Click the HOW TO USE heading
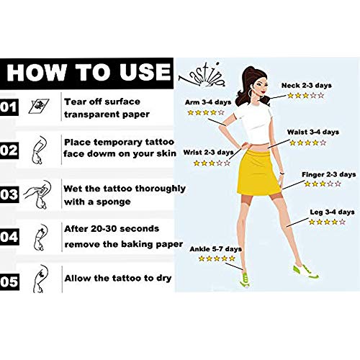89,72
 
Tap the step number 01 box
9,107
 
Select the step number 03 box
9,194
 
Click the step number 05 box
9,282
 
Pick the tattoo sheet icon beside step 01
39,106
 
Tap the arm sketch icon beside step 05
40,279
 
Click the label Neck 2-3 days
307,86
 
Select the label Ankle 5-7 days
215,249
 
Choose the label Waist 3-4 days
313,132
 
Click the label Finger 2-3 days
328,174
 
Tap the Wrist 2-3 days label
208,153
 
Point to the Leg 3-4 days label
332,212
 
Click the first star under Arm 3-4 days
191,112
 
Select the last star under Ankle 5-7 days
232,258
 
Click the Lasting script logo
202,75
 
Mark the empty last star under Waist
323,143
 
